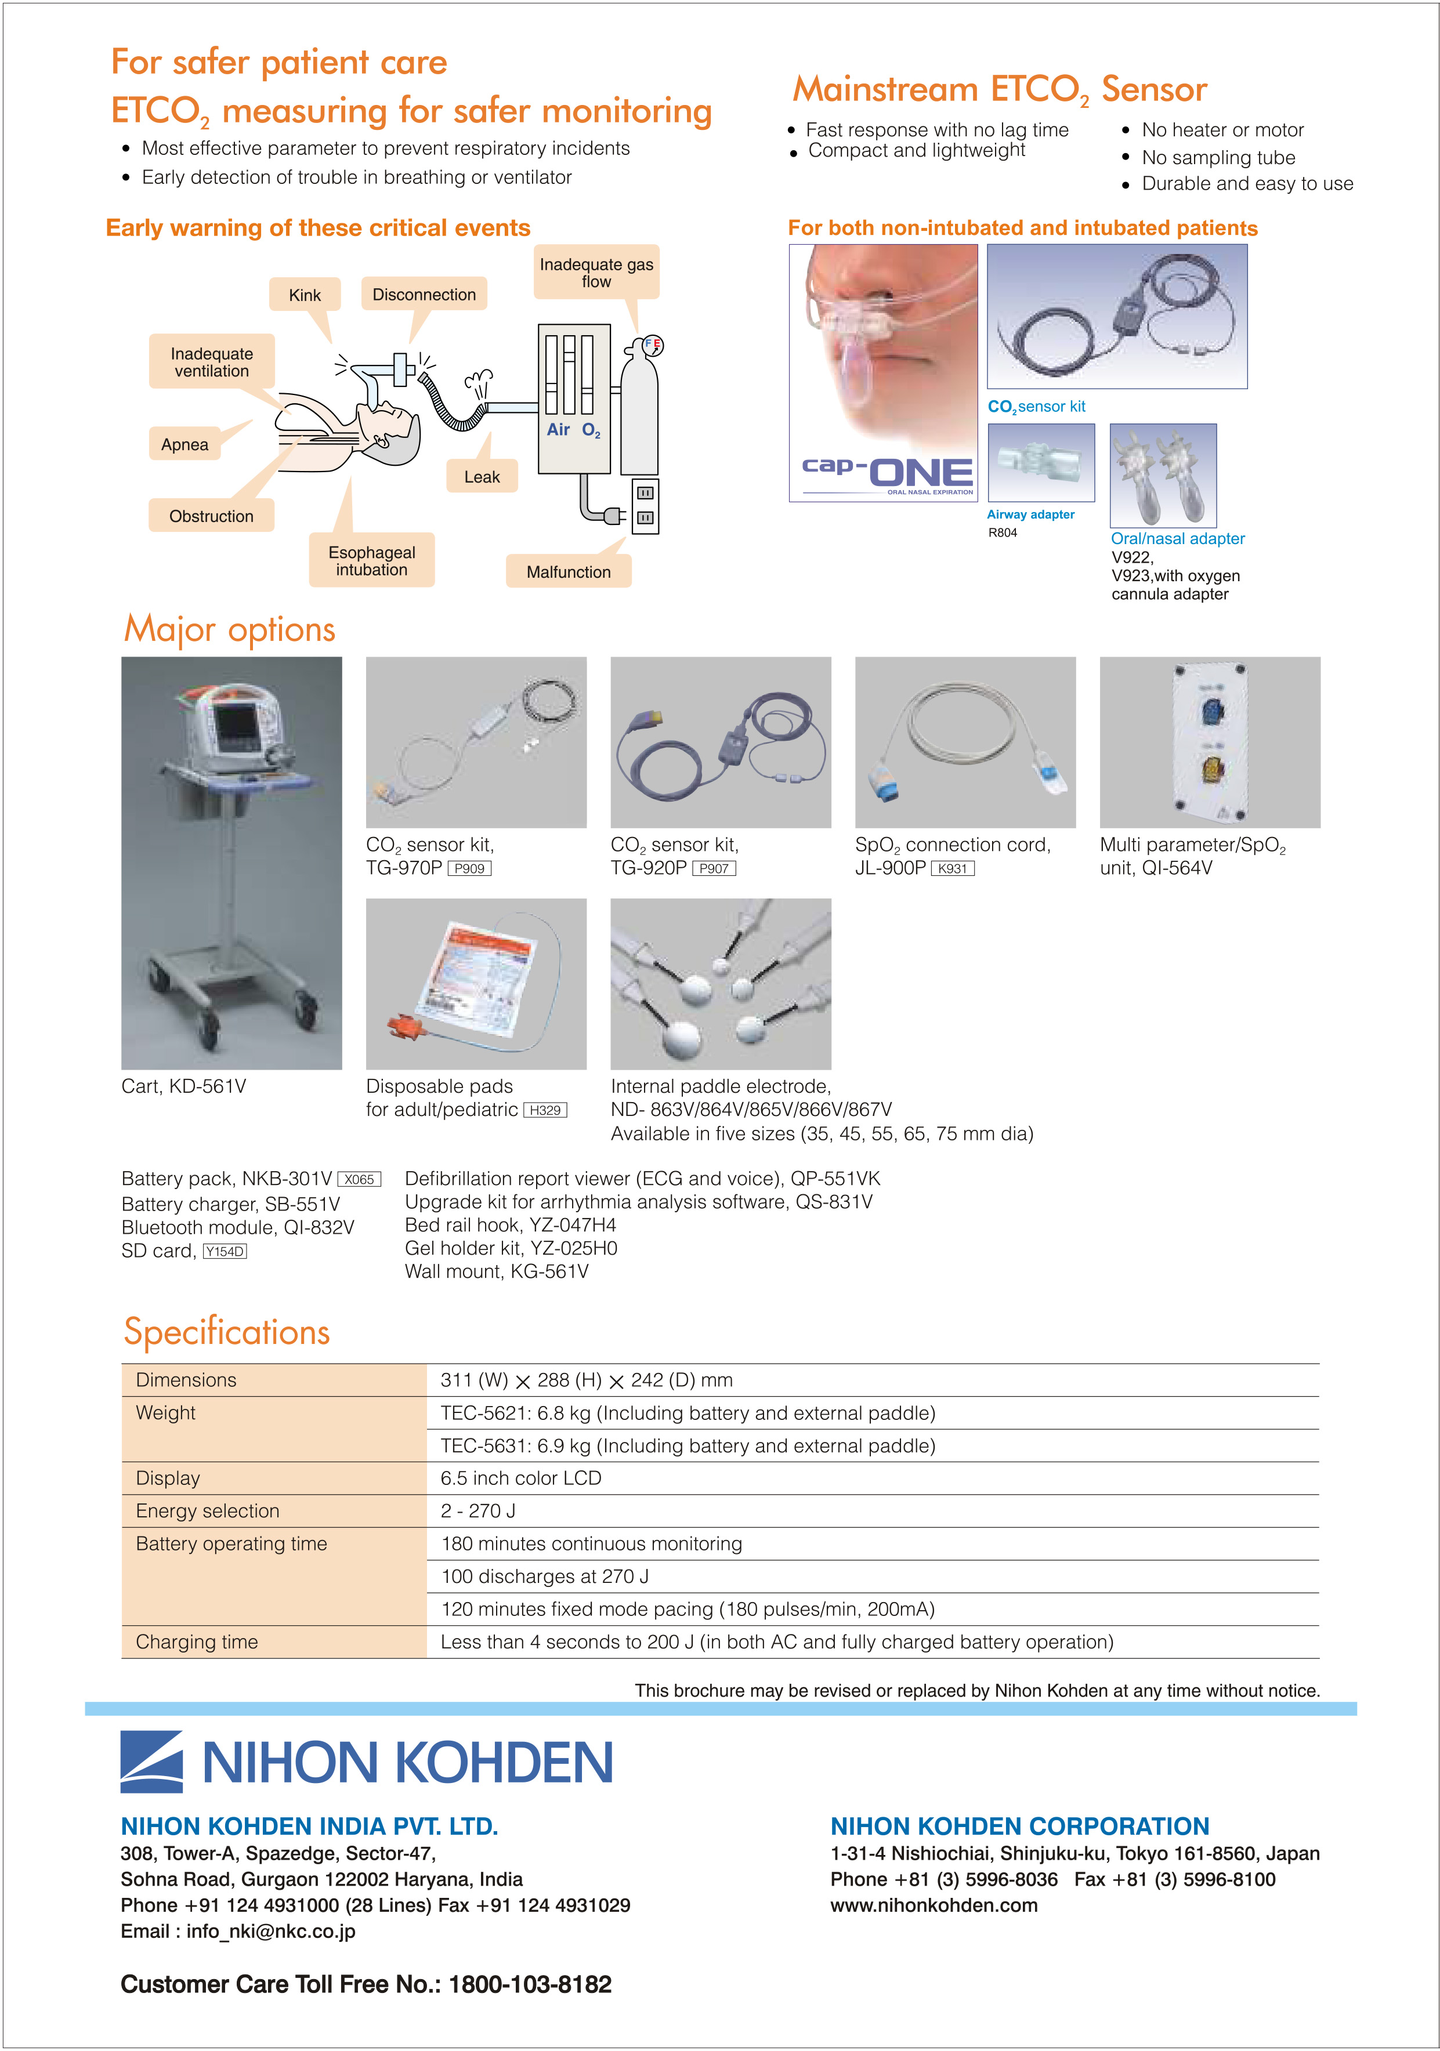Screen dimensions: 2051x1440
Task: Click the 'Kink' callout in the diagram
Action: coord(305,295)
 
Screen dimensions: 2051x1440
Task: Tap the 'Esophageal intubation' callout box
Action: coord(372,561)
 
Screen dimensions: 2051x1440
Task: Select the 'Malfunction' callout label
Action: coord(568,572)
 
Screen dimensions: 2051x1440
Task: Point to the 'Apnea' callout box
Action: coord(185,444)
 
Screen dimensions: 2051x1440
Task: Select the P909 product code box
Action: coord(469,868)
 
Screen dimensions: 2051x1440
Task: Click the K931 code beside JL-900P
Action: coord(952,868)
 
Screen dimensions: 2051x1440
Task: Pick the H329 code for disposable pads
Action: coord(545,1110)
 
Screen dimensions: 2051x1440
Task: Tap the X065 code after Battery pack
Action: coord(359,1179)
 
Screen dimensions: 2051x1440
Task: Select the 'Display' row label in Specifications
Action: coord(168,1479)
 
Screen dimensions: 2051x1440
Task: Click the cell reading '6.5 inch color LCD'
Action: coord(521,1479)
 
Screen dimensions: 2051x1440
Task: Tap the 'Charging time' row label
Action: coord(197,1642)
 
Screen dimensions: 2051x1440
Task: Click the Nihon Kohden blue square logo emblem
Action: coord(152,1762)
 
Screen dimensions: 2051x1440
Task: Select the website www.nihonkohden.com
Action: coord(934,1905)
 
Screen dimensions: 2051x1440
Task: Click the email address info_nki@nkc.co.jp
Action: coord(271,1932)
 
